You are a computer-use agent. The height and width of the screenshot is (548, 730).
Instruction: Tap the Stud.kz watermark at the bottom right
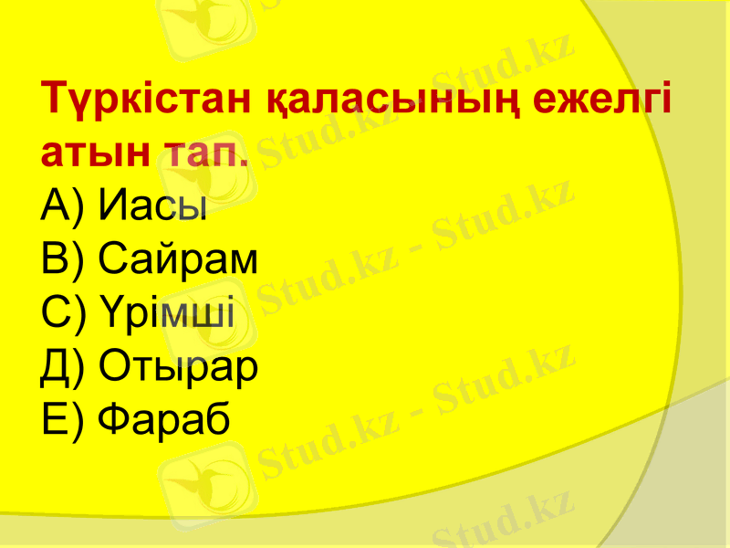click(x=502, y=521)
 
